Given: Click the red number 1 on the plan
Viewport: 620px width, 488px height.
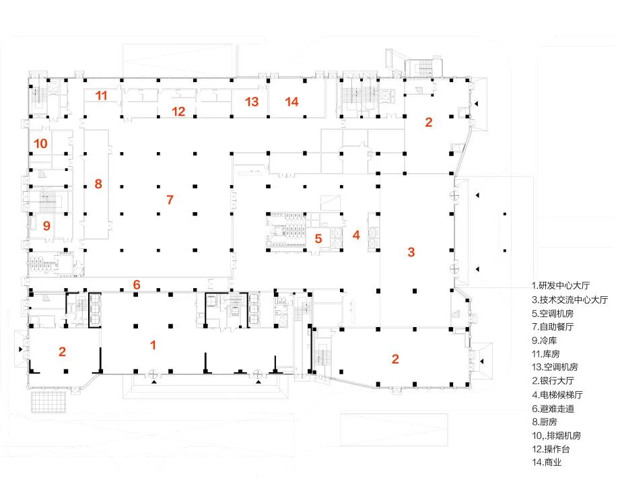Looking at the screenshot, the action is click(153, 345).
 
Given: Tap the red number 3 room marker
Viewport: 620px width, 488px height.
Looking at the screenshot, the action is click(411, 252).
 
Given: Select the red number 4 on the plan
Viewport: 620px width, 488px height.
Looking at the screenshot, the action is click(356, 235).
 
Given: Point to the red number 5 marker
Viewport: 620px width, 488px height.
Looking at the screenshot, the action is click(318, 238).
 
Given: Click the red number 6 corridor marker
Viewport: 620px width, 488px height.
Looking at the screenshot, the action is click(137, 285).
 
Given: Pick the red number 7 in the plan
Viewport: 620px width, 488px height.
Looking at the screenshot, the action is click(170, 200).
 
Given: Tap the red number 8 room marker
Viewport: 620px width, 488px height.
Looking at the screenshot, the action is click(98, 183).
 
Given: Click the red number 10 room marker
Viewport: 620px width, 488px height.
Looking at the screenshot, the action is click(40, 143).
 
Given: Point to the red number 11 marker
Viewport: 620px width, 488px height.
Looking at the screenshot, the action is click(101, 96).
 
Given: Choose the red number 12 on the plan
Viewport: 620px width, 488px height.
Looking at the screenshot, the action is click(178, 112).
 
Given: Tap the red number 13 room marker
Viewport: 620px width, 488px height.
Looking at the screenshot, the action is click(252, 102).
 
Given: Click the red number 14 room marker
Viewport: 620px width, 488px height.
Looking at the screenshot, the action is click(291, 102).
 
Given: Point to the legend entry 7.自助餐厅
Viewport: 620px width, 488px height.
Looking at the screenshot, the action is click(555, 326).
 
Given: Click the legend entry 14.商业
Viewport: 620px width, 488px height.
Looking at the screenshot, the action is click(548, 462).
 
